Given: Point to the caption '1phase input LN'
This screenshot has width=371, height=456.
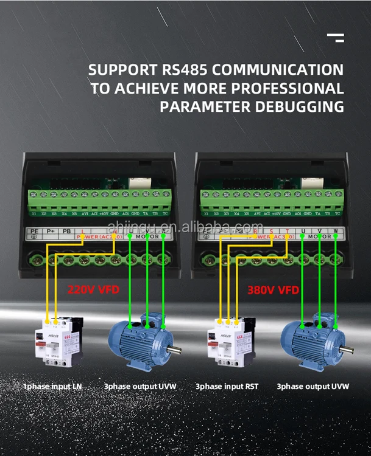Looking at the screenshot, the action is coord(52,386).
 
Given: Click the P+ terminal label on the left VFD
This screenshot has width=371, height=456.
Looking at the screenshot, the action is coord(49,232).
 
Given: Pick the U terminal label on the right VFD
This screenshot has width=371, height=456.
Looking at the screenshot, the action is coord(303,232).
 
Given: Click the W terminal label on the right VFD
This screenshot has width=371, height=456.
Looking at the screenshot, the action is coord(336,232).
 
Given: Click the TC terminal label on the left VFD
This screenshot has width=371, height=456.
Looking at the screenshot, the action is coord(165,214).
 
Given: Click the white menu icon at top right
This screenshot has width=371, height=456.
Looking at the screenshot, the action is coord(335,38).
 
